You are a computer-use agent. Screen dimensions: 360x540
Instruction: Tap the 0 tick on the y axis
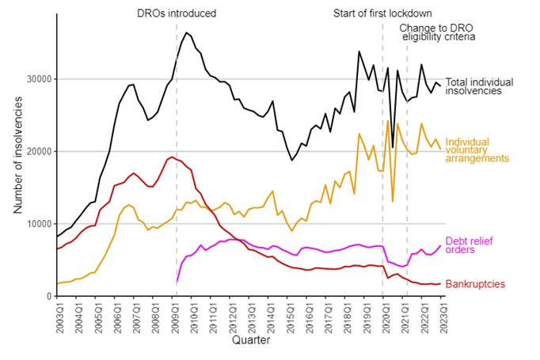pos(48,296)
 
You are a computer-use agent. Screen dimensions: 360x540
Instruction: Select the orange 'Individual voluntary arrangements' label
pos(477,150)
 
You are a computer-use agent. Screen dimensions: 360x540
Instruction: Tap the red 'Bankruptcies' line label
pos(475,284)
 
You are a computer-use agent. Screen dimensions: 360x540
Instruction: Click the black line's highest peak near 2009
pos(186,32)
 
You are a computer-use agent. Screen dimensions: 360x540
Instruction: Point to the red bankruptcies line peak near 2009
pos(171,157)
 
